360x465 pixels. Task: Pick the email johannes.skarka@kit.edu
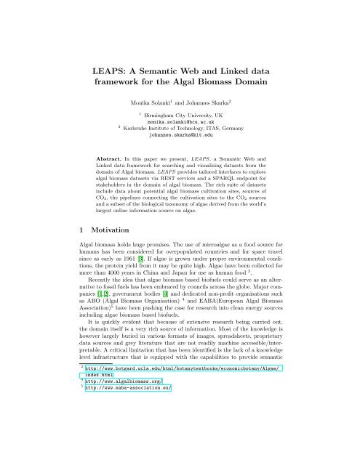click(181, 135)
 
